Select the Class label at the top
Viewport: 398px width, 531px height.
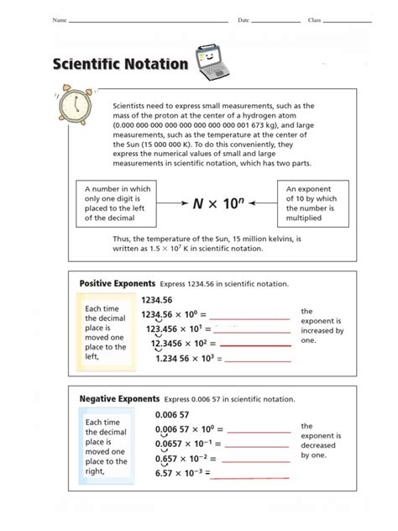315,19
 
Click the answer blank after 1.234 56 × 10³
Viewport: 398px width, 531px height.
254,359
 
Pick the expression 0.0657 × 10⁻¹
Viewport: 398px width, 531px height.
182,444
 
